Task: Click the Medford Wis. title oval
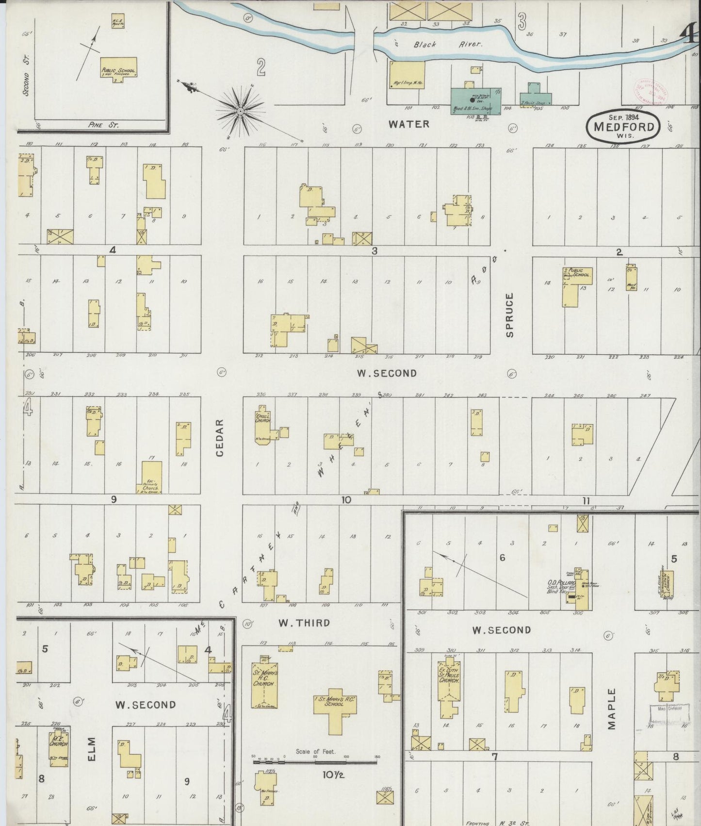pos(623,127)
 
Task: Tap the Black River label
pos(447,44)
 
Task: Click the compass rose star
pos(240,112)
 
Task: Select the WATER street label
pos(409,124)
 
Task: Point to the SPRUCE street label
pos(509,314)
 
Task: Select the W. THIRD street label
pos(304,623)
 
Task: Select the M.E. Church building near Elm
pos(59,749)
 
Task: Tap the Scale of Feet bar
pos(315,761)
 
